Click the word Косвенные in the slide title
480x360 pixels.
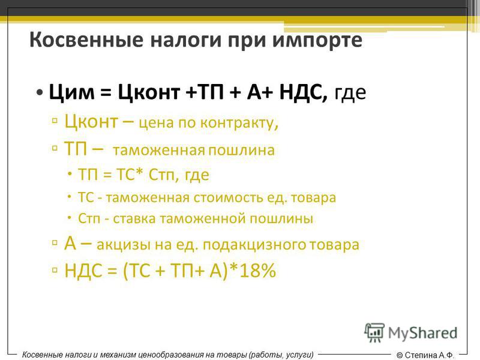[86, 40]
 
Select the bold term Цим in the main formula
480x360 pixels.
[71, 92]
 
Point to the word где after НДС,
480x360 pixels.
[350, 93]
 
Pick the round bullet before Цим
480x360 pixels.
[39, 92]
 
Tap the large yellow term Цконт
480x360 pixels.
[91, 121]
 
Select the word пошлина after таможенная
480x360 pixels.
[242, 151]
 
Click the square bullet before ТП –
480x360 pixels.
[55, 149]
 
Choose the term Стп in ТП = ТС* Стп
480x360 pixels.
[162, 175]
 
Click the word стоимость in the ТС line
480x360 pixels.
[228, 197]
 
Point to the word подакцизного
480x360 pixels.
[254, 245]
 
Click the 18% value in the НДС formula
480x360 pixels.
[258, 271]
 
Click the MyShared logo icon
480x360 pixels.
[374, 332]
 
